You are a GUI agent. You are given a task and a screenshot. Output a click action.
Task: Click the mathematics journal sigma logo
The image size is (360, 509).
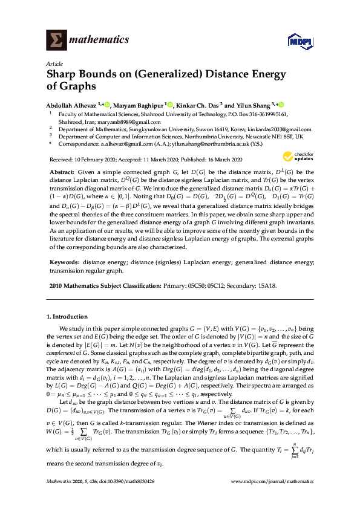coord(56,40)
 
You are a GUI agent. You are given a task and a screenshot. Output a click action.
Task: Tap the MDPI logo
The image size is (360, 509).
coord(295,41)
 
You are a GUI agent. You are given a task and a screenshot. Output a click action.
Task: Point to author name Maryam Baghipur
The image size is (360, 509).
coord(139,104)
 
